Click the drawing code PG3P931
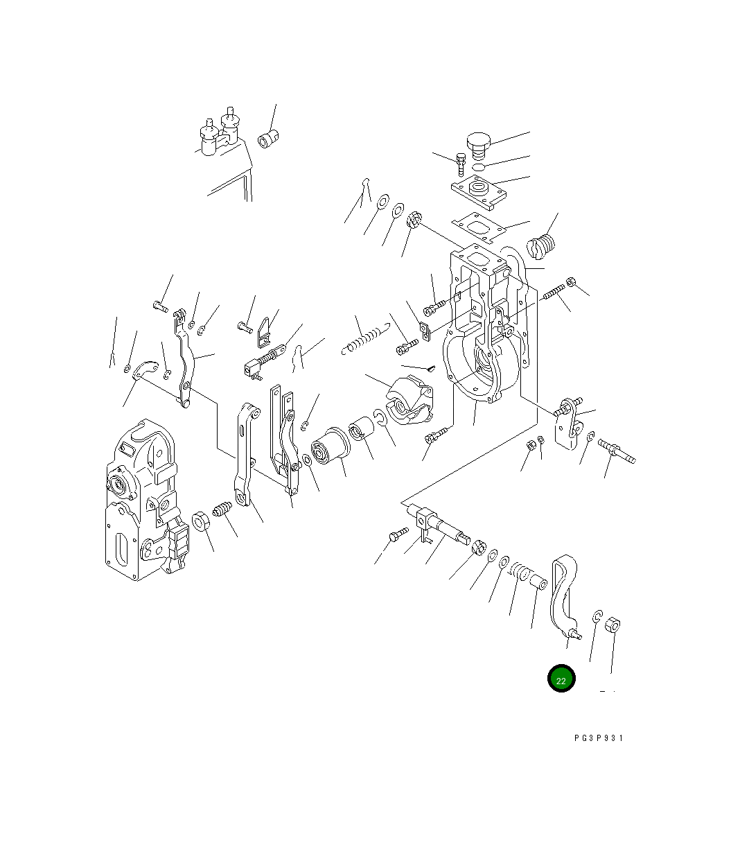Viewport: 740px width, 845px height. pyautogui.click(x=598, y=738)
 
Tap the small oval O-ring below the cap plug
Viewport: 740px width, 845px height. pyautogui.click(x=479, y=167)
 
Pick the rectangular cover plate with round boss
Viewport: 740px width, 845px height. pyautogui.click(x=479, y=192)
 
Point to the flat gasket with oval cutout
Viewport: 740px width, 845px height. pyautogui.click(x=479, y=227)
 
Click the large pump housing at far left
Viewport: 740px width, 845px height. pyautogui.click(x=147, y=500)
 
